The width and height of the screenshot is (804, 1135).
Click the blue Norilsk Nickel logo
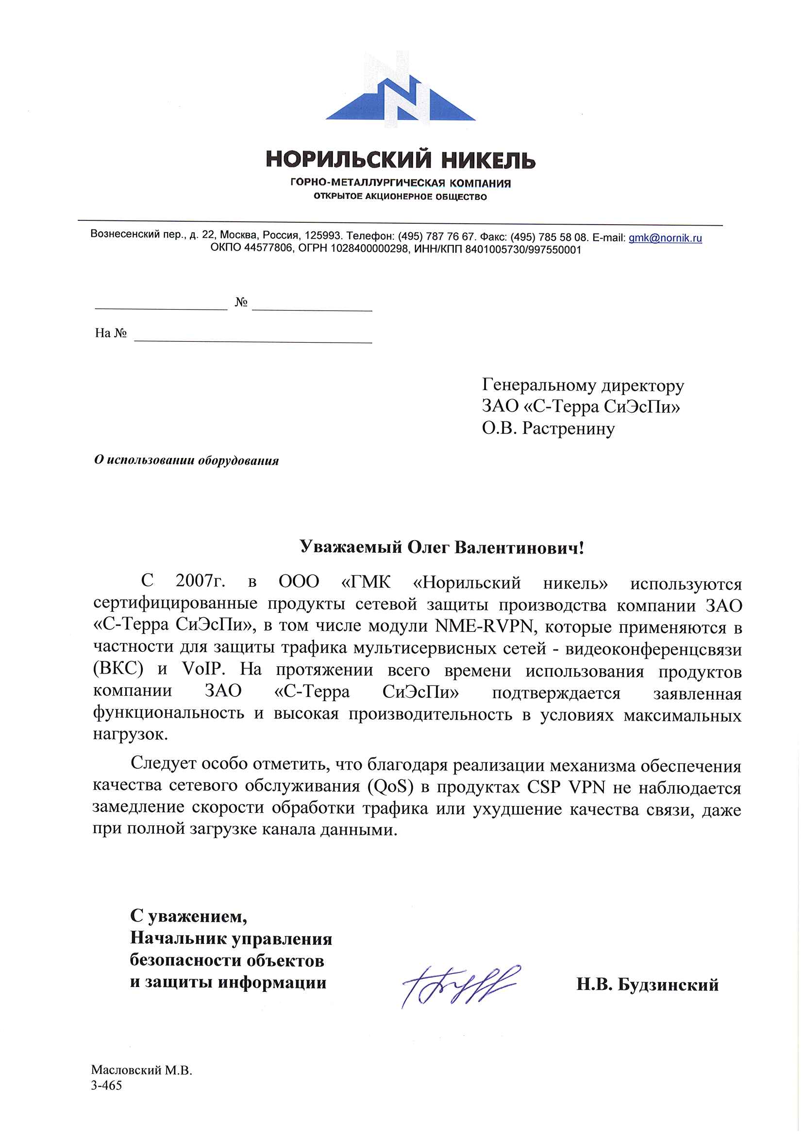(x=400, y=92)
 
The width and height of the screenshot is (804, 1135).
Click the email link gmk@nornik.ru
(x=665, y=238)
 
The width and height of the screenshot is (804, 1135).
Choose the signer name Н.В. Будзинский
(x=647, y=985)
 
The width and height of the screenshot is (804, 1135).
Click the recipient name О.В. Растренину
(x=548, y=428)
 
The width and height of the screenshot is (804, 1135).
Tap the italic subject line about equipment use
(x=186, y=461)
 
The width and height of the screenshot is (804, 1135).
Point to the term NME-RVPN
(x=484, y=626)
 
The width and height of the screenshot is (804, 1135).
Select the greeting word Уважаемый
(x=351, y=547)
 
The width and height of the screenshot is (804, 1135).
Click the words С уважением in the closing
(x=188, y=916)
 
